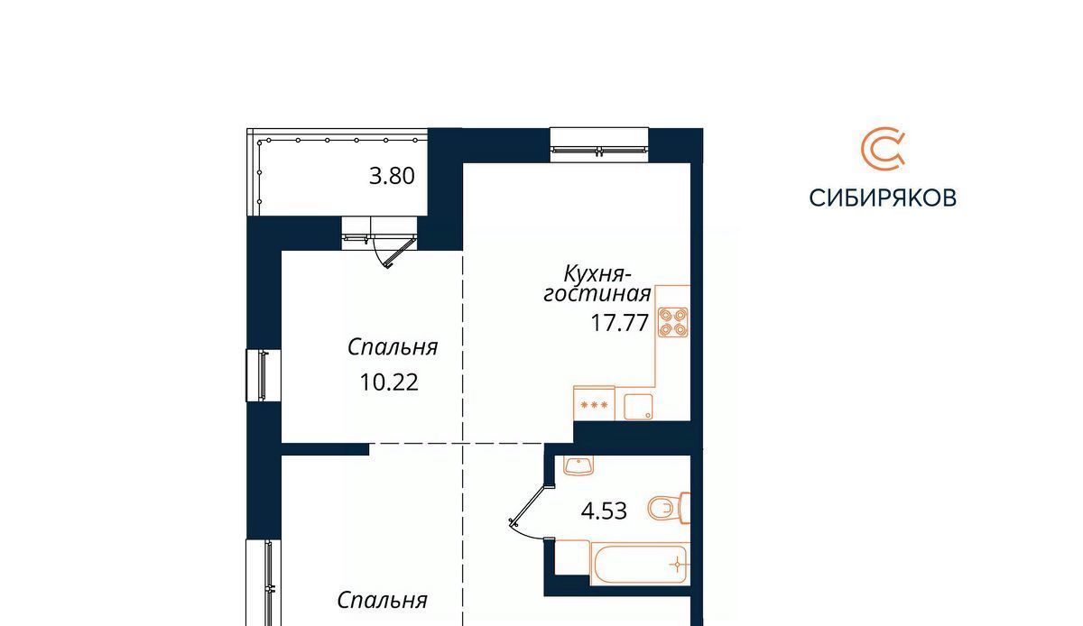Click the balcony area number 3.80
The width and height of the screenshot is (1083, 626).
[392, 176]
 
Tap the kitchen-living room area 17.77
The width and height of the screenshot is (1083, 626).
[619, 322]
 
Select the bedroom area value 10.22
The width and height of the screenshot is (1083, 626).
[389, 382]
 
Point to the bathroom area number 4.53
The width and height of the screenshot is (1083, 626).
[604, 511]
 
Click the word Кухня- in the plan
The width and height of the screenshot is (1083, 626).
[597, 274]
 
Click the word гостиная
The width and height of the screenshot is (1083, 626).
[597, 294]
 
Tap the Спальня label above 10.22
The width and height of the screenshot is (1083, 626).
[393, 347]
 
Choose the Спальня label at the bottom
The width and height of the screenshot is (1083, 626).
[382, 601]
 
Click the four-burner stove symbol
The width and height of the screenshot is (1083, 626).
[673, 322]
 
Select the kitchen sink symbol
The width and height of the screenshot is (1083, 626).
[638, 407]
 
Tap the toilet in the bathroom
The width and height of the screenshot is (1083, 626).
[669, 508]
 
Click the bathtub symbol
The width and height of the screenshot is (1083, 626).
[640, 564]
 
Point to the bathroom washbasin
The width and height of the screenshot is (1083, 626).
[579, 465]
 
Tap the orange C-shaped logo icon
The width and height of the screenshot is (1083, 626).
[883, 149]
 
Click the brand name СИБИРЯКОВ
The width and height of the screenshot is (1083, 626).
[883, 198]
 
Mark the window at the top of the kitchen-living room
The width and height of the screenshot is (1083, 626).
[599, 144]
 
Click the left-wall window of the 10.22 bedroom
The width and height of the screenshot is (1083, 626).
[264, 375]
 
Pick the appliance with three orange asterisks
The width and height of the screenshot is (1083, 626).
[594, 403]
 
